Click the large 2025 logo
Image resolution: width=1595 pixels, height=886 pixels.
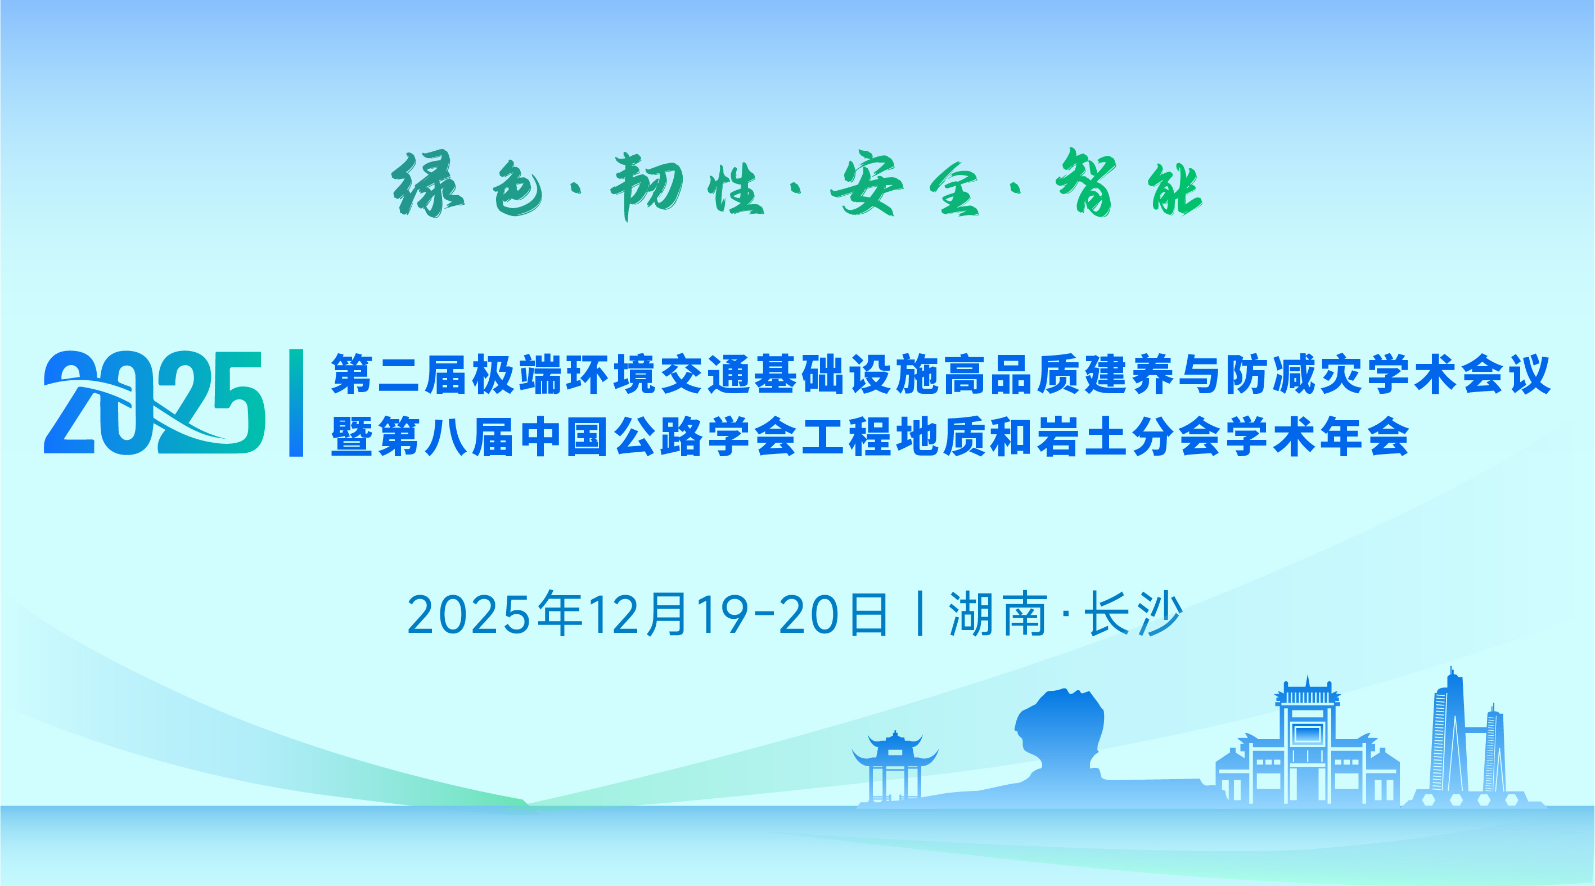[155, 402]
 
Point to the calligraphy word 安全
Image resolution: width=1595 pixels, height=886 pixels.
[905, 184]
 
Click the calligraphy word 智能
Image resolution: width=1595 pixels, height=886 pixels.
[1129, 183]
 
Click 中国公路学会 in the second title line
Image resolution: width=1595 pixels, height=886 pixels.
[658, 436]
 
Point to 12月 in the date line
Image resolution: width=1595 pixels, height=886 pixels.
[638, 614]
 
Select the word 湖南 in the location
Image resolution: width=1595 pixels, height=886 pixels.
[998, 614]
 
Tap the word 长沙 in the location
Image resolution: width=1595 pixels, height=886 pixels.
[1134, 614]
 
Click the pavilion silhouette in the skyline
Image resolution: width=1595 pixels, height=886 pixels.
[895, 768]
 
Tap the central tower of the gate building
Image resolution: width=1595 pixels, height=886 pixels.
[1307, 740]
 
